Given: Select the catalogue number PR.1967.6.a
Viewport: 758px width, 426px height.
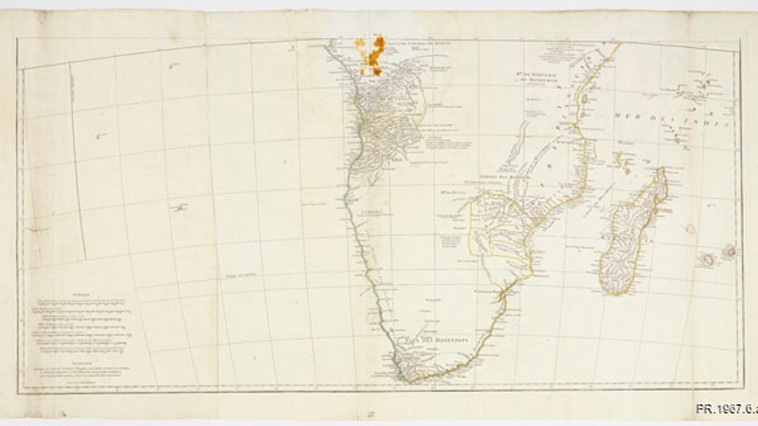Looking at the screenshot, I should (x=726, y=409).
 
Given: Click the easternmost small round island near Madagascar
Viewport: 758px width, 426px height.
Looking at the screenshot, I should (x=729, y=251).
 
